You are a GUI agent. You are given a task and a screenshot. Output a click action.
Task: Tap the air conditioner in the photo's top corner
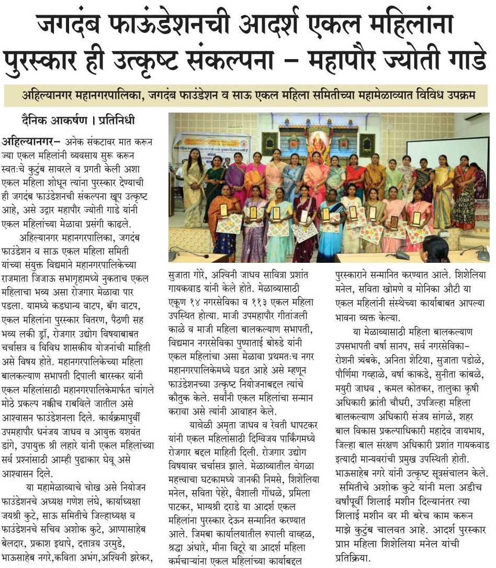pos(476,117)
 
